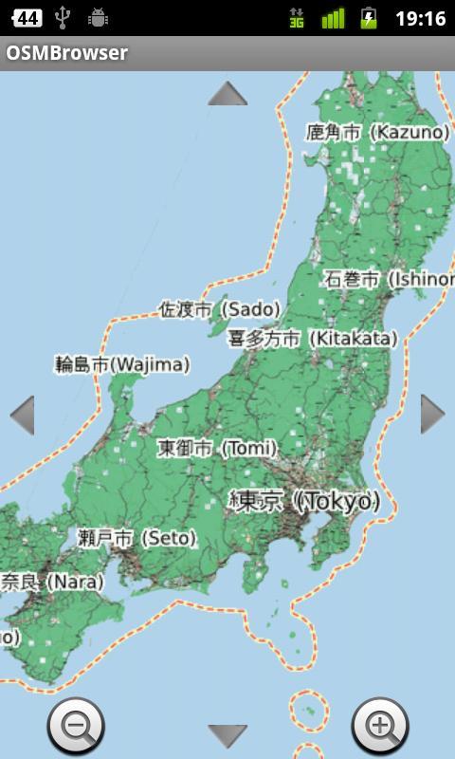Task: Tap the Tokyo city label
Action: click(x=304, y=501)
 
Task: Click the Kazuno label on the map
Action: click(x=376, y=133)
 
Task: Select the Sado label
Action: click(x=219, y=309)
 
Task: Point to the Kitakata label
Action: click(x=312, y=339)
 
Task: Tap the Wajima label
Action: click(x=121, y=363)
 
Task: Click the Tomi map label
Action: click(x=217, y=447)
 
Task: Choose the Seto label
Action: click(x=136, y=538)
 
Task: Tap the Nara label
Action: click(x=51, y=582)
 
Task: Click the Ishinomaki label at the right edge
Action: click(x=389, y=279)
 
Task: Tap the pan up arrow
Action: click(x=227, y=94)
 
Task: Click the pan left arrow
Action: click(x=22, y=415)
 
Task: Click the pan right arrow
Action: click(x=432, y=414)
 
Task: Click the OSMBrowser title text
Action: click(x=66, y=53)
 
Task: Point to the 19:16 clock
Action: click(x=420, y=18)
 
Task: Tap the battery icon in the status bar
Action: click(x=369, y=18)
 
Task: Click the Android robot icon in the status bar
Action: click(x=97, y=17)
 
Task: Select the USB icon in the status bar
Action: click(x=63, y=17)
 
